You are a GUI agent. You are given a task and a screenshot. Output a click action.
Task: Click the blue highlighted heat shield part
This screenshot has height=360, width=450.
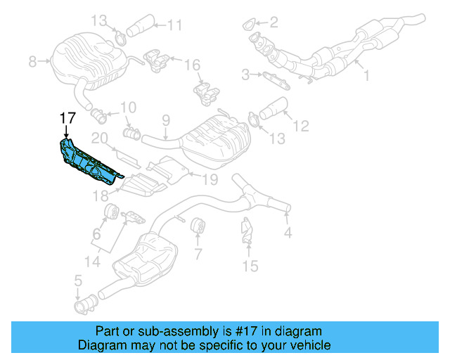click(88, 162)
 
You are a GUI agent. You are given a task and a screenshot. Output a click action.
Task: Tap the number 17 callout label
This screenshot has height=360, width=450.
click(67, 118)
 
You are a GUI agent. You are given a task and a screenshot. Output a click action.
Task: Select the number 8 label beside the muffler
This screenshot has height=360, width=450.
click(32, 62)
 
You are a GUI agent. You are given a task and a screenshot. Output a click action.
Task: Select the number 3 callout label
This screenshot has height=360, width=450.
click(245, 74)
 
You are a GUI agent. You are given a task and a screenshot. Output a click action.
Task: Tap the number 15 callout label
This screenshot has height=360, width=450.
click(250, 266)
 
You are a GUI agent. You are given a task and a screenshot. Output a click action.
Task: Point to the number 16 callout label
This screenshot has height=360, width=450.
click(192, 65)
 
